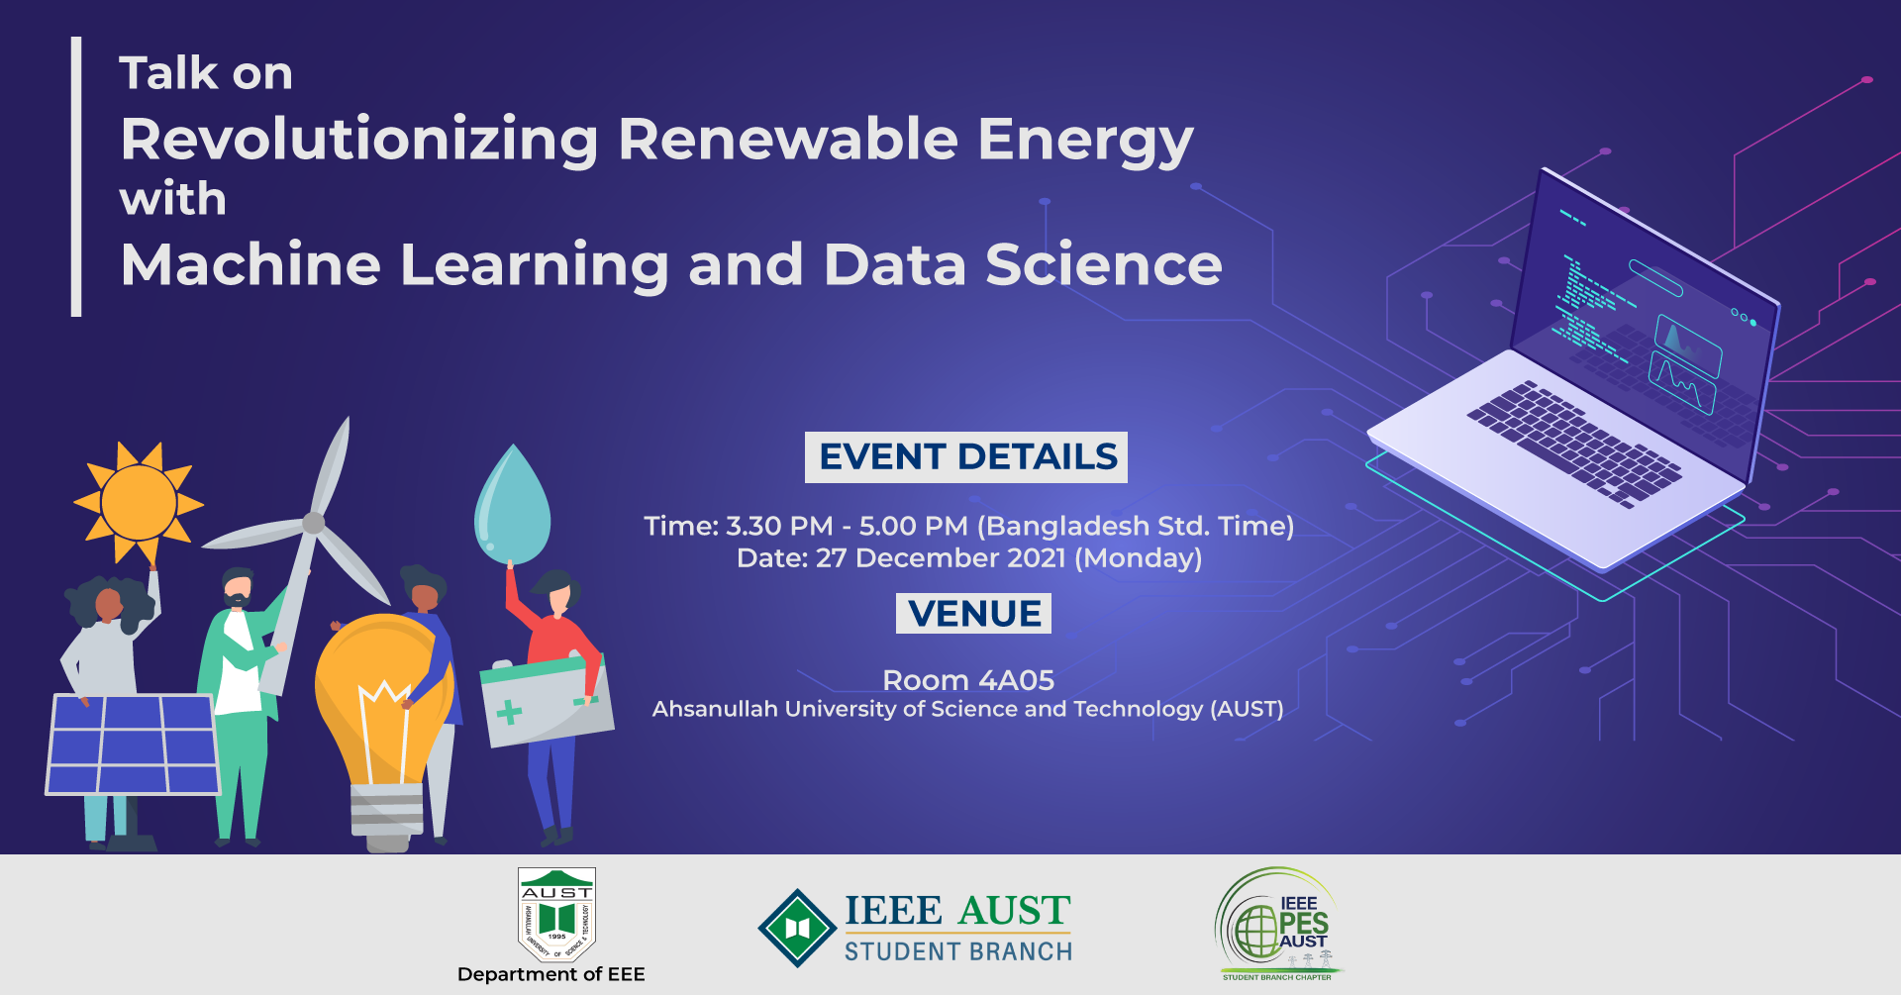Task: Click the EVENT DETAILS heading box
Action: (966, 457)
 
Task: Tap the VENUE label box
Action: (973, 614)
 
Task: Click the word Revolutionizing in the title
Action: (359, 140)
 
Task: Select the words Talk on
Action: (206, 73)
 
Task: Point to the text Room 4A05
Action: (967, 680)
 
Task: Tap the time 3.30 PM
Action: (779, 526)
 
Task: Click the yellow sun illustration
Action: (139, 502)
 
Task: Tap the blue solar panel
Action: (132, 745)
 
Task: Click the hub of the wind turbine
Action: (314, 523)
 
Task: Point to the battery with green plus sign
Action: (545, 703)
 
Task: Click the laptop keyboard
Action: (1574, 442)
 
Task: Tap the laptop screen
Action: (1644, 317)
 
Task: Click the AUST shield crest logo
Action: (556, 914)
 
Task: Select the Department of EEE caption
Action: (550, 974)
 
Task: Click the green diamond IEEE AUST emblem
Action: (797, 928)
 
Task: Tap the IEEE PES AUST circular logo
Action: (1277, 924)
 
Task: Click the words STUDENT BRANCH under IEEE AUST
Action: (957, 951)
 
